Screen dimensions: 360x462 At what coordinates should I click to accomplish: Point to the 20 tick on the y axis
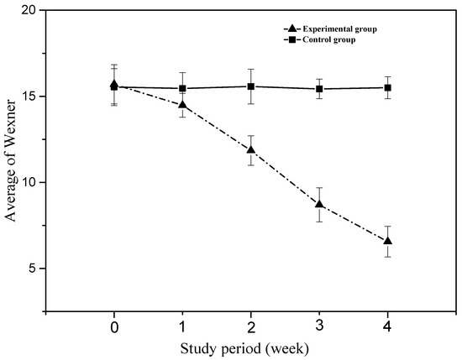(30, 12)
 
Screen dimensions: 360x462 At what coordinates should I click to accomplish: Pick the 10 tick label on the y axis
(30, 182)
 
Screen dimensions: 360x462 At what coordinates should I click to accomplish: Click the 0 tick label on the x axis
(113, 325)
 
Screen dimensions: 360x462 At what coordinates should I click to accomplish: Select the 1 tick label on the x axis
(182, 325)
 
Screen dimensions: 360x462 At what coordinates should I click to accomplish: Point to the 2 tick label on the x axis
(251, 325)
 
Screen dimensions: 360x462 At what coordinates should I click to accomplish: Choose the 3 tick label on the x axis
(319, 325)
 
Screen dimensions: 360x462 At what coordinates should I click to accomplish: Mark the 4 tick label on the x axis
(388, 325)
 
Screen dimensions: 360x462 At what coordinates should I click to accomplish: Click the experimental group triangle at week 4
(387, 241)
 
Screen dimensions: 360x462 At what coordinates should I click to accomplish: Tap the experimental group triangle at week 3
(319, 203)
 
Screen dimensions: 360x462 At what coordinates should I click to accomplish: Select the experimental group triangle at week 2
(250, 149)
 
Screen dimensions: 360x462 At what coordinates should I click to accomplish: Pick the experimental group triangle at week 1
(182, 104)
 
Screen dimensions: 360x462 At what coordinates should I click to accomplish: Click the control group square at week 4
(387, 87)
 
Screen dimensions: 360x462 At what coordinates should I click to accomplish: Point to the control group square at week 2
(250, 86)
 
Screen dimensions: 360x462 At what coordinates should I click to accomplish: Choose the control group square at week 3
(319, 89)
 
